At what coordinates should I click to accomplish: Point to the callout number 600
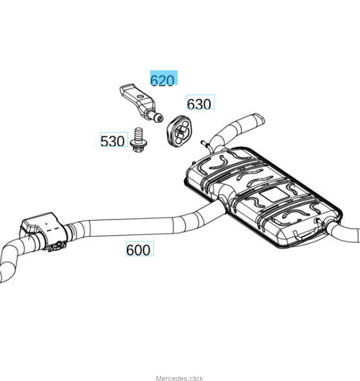pyautogui.click(x=138, y=250)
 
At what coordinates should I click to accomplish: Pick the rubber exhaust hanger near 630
pyautogui.click(x=179, y=131)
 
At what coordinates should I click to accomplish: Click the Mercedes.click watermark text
pyautogui.click(x=180, y=378)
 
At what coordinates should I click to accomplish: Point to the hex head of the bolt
pyautogui.click(x=138, y=147)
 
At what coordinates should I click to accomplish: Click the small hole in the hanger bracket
pyautogui.click(x=140, y=97)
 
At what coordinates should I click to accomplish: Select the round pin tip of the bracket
pyautogui.click(x=159, y=118)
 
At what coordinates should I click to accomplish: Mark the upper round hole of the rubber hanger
pyautogui.click(x=185, y=124)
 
